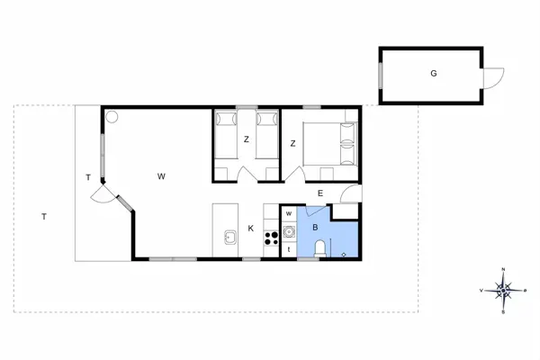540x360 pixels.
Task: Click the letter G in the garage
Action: [434, 73]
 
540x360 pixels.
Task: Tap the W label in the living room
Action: [161, 175]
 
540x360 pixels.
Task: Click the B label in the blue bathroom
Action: [315, 229]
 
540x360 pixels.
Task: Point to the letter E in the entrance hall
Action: [319, 193]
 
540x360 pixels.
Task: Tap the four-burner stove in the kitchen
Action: [270, 238]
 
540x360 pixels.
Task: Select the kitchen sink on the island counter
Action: [229, 238]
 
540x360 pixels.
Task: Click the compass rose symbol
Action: [504, 290]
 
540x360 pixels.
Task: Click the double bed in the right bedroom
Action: [329, 142]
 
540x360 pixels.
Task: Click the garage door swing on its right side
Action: [492, 78]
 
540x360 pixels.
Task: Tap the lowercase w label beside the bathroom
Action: [288, 213]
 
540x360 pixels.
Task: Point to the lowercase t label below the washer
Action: [288, 248]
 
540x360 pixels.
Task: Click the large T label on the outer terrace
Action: [43, 216]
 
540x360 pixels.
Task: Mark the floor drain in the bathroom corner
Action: [345, 254]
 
